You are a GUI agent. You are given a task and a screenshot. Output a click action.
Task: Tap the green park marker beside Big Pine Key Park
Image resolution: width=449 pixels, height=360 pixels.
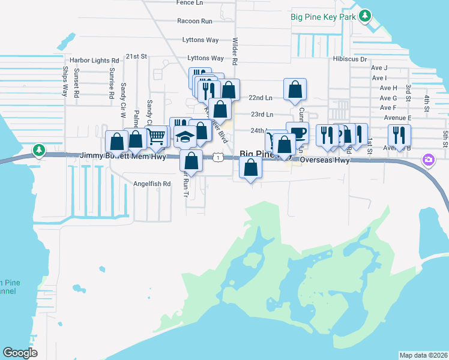pos(365,16)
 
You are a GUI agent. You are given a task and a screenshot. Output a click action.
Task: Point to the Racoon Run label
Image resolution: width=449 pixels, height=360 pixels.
pos(195,21)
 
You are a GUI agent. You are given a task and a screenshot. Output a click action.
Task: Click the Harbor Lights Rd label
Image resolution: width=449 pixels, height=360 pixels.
pos(94,61)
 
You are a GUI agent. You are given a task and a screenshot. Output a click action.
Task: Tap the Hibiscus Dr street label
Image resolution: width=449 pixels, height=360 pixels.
pos(350,59)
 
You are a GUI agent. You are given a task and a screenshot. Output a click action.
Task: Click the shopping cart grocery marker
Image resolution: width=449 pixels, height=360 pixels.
pos(157,136)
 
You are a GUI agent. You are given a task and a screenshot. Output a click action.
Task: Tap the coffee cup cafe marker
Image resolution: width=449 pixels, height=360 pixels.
pos(297,132)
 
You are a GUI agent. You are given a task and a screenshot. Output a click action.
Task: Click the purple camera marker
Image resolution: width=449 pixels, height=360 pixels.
pos(429,160)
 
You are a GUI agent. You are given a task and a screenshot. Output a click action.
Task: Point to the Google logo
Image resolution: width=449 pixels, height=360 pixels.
pos(20,353)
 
